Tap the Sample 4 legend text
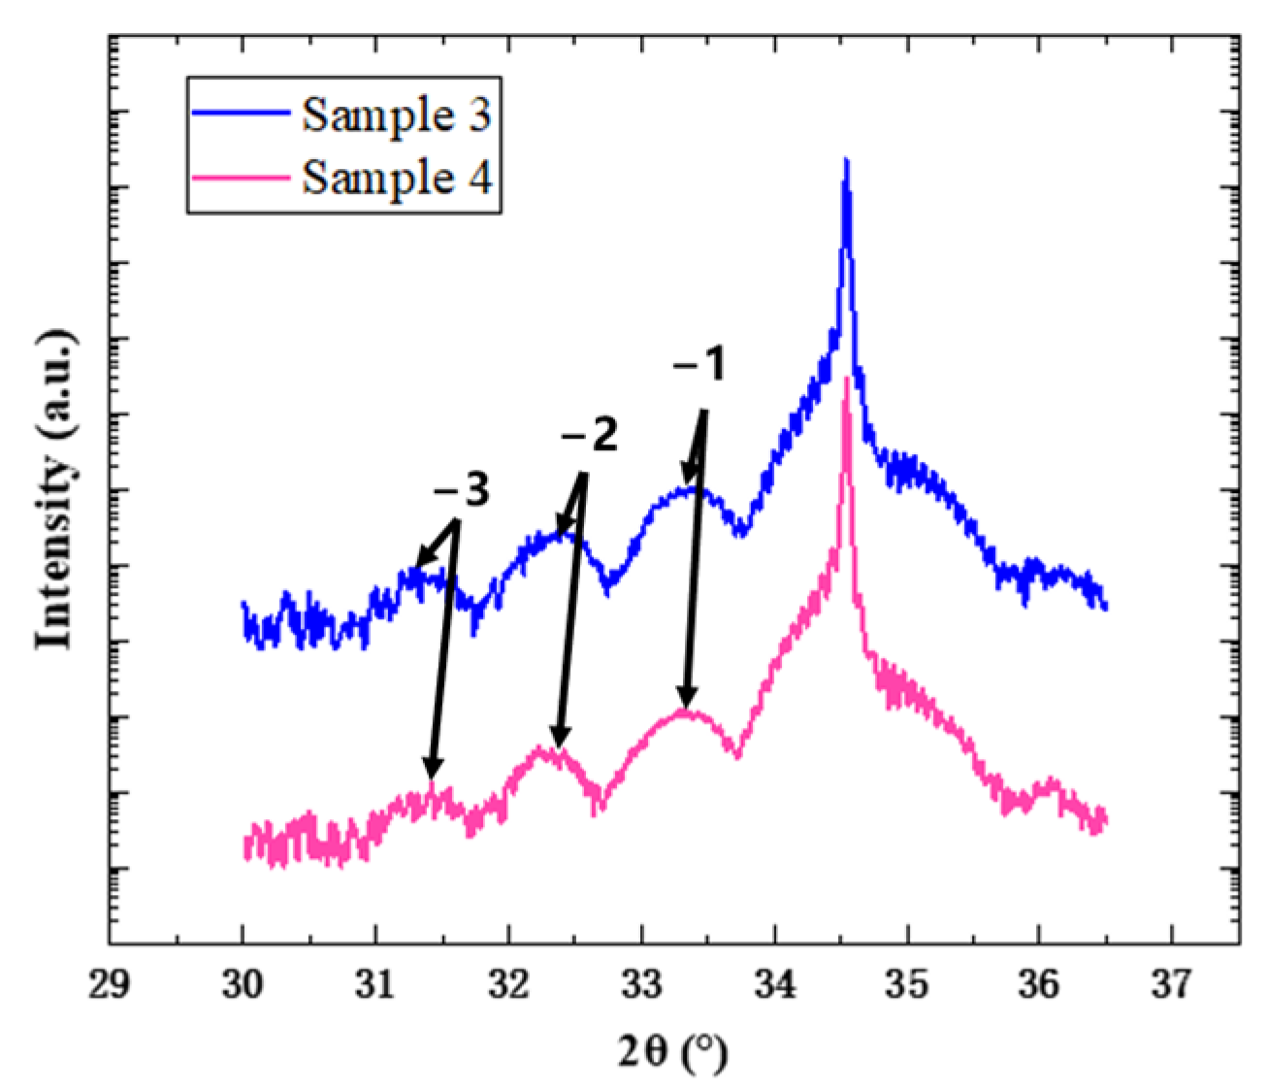click(397, 179)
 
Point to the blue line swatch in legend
click(242, 114)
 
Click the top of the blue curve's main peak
click(847, 160)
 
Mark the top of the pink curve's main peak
click(848, 379)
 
